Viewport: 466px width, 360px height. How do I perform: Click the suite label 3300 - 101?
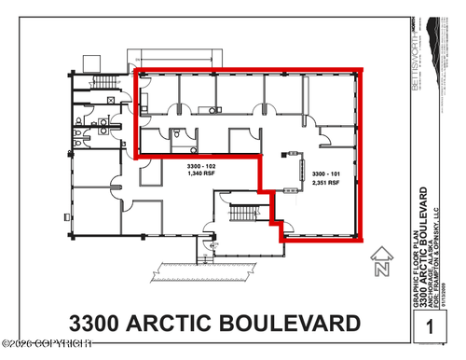click(325, 173)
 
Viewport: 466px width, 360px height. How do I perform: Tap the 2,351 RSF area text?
click(325, 184)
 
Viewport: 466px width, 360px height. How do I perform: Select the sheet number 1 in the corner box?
click(430, 327)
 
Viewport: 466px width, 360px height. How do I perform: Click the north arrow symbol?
click(380, 264)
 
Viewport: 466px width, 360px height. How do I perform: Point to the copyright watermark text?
click(56, 351)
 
